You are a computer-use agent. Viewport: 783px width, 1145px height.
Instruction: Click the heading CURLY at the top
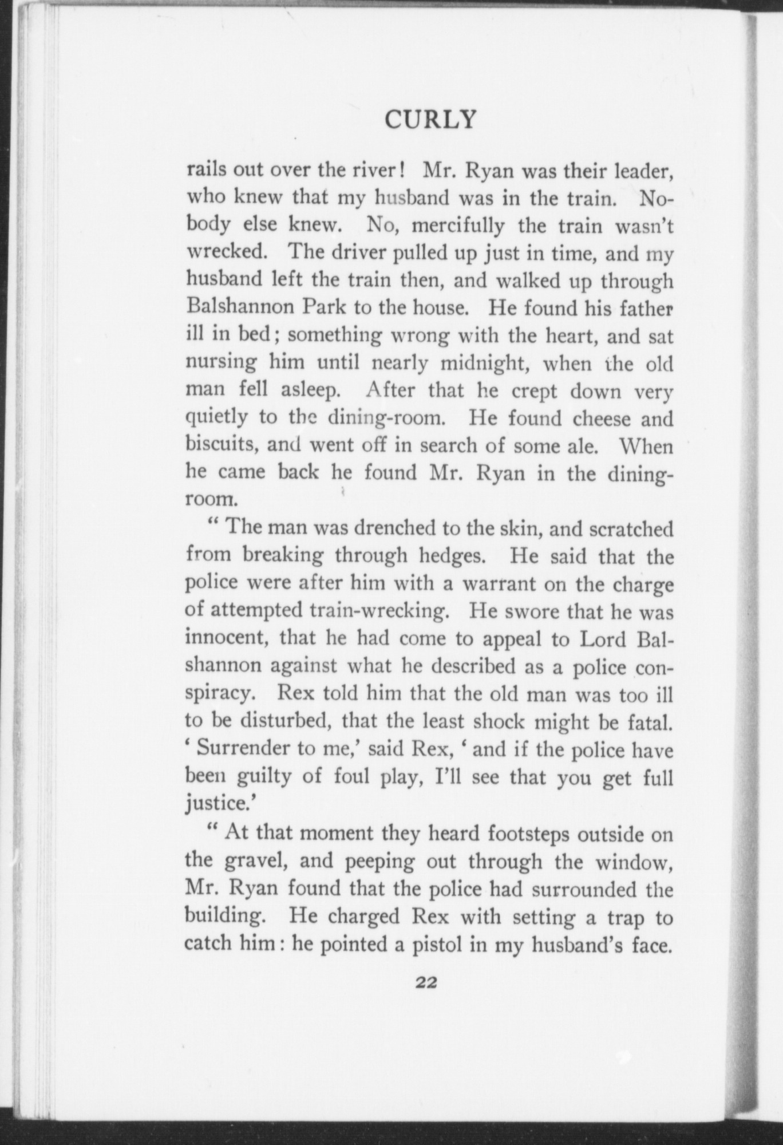click(430, 120)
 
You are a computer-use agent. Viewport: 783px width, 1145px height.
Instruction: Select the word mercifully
click(458, 227)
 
